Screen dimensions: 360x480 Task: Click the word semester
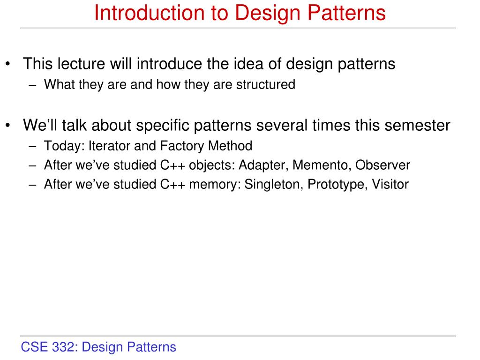coord(419,125)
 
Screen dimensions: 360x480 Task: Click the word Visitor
coord(390,184)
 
